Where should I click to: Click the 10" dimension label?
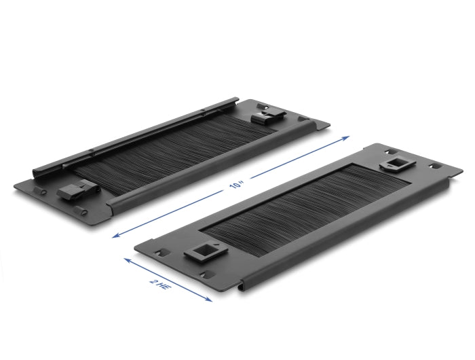(237, 184)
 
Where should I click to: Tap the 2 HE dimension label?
(159, 285)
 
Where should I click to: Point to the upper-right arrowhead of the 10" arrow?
(345, 139)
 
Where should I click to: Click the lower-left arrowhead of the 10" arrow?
(116, 236)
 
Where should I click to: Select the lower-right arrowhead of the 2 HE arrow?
(208, 299)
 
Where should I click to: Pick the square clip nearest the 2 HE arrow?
(206, 252)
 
